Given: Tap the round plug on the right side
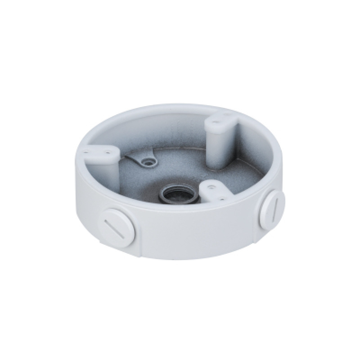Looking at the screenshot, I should [x=273, y=207].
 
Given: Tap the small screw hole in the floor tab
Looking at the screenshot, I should [x=146, y=161].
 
